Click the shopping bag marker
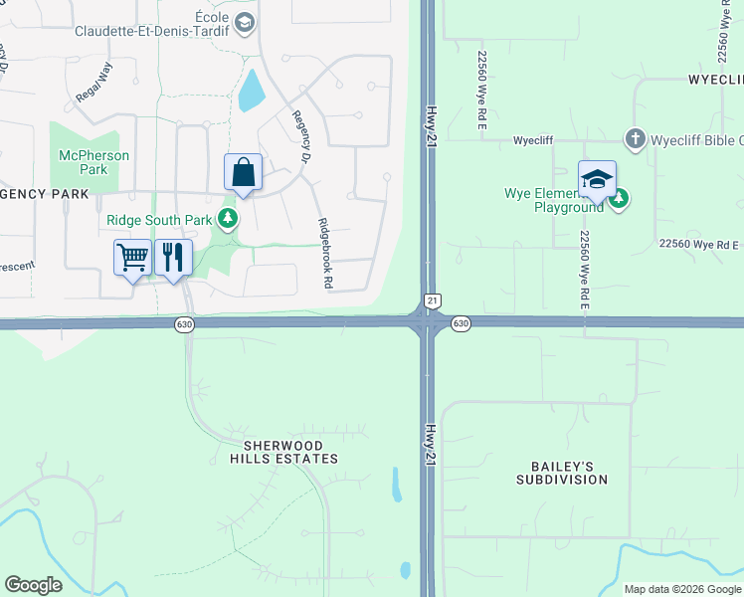tap(243, 173)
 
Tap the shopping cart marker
tap(133, 258)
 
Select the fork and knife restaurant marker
tap(174, 258)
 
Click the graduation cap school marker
tap(597, 180)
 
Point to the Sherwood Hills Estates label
tap(284, 452)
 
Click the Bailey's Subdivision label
tap(561, 473)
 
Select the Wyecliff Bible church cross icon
tap(634, 139)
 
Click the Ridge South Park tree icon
tap(229, 218)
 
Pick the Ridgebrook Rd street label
tap(324, 254)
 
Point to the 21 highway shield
tap(432, 299)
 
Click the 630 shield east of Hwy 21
tap(460, 323)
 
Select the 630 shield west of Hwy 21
tap(184, 323)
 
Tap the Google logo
tap(33, 585)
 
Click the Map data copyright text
tap(682, 589)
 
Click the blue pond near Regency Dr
tap(251, 91)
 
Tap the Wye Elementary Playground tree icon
tap(620, 200)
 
